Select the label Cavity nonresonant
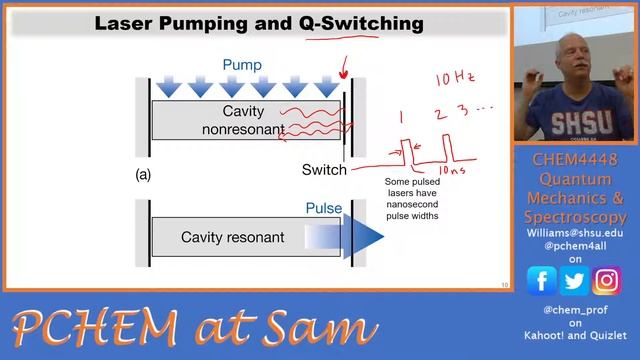pos(243,120)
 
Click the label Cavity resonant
pos(233,238)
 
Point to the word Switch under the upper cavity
pos(324,169)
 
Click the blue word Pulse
pos(323,210)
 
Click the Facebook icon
pos(541,282)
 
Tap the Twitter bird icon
pos(574,282)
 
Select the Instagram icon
pos(606,282)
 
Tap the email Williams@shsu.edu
pos(575,232)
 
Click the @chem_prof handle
pos(574,310)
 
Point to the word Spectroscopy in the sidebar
pos(575,216)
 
